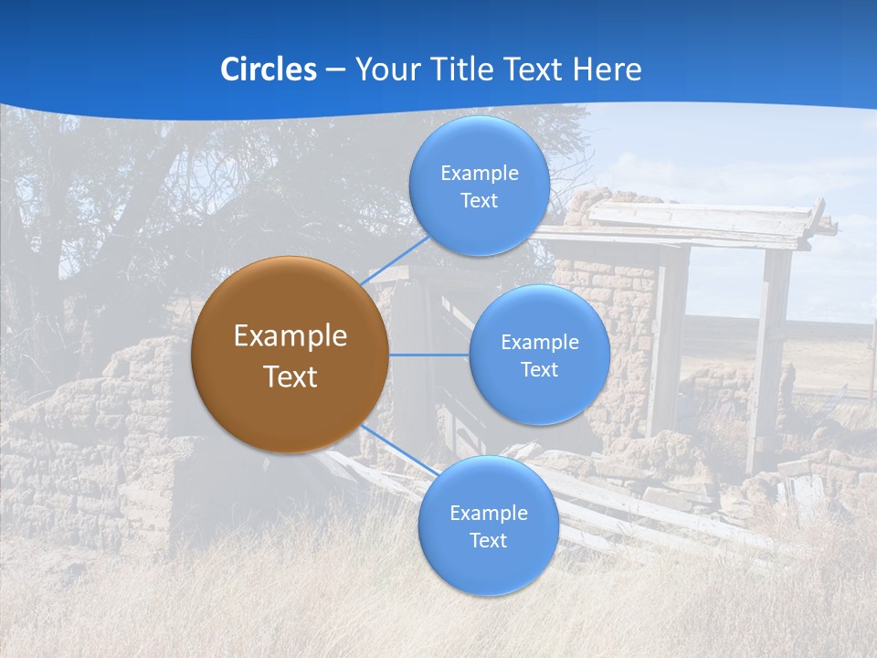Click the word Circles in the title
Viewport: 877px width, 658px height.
[269, 69]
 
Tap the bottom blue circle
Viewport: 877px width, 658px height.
[488, 567]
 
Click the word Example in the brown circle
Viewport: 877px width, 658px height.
[290, 336]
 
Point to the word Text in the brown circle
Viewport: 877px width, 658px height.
[290, 377]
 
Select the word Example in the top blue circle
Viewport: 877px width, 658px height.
[479, 174]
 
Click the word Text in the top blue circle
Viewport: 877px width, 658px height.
[479, 201]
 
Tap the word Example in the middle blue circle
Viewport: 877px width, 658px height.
[539, 343]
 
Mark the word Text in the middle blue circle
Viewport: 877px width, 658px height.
[539, 370]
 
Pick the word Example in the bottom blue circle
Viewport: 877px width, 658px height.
[488, 514]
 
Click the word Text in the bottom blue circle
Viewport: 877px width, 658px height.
[488, 541]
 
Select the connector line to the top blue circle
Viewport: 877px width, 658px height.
[395, 260]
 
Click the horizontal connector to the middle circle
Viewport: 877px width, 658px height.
[429, 355]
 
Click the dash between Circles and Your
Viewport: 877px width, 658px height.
[334, 70]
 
